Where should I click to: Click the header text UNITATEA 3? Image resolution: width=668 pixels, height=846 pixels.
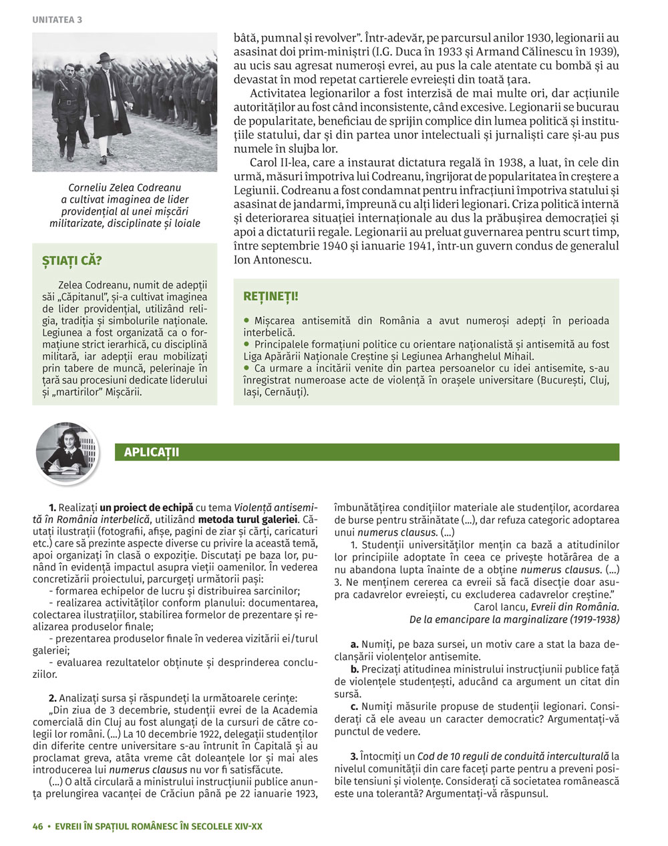click(x=57, y=20)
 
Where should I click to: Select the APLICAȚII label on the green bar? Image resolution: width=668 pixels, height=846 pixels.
click(x=151, y=452)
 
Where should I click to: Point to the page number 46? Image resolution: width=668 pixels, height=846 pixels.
click(x=37, y=826)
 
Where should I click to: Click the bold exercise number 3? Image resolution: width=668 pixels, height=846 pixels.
click(x=354, y=757)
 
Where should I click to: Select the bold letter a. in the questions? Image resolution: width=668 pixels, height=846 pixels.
click(x=354, y=644)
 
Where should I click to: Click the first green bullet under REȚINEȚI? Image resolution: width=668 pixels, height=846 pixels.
click(x=246, y=321)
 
